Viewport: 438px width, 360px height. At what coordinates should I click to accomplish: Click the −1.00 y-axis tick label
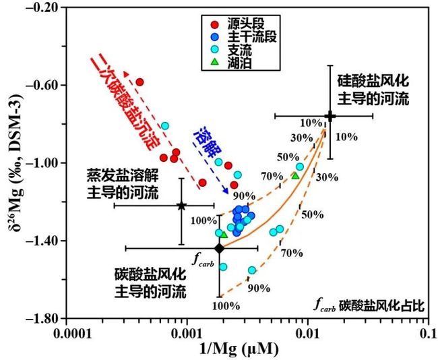(42, 163)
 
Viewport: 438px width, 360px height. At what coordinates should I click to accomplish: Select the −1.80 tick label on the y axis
(42, 318)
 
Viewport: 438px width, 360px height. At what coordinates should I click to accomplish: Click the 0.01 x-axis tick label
(307, 332)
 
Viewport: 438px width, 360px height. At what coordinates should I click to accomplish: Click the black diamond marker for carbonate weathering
(219, 249)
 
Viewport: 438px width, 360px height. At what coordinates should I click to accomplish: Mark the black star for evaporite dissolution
(181, 205)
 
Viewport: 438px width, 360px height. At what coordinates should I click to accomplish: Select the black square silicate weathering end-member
(330, 116)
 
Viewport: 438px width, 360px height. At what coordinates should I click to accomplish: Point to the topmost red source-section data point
(140, 82)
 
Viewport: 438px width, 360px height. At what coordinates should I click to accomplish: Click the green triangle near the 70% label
(294, 175)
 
